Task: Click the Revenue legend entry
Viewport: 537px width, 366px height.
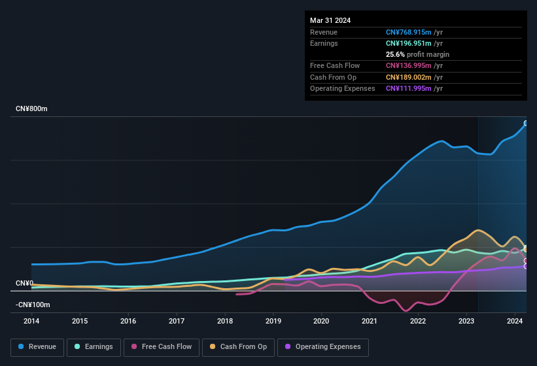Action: tap(38, 346)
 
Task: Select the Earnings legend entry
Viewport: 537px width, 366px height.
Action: tap(94, 346)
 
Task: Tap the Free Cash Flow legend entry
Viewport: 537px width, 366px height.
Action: tap(162, 346)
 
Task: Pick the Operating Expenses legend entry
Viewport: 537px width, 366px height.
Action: tap(322, 346)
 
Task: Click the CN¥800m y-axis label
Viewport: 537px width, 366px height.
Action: tap(31, 108)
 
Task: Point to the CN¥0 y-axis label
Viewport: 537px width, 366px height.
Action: tap(24, 283)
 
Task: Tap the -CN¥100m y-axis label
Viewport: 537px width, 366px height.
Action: tap(33, 305)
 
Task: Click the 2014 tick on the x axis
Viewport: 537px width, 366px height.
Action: tap(31, 321)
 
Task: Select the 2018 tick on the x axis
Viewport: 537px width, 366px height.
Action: tap(225, 321)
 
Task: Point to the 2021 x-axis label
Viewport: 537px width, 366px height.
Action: tap(370, 321)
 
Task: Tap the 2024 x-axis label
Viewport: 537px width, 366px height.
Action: tap(515, 321)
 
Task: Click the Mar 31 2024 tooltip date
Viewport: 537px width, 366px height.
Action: tap(330, 20)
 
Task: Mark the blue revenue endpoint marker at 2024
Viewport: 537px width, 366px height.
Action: tap(526, 124)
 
